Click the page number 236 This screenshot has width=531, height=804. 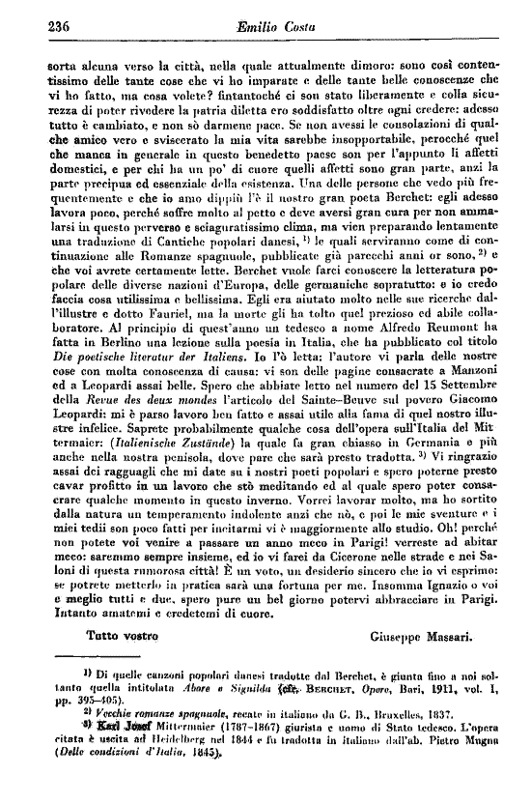coord(33,28)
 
